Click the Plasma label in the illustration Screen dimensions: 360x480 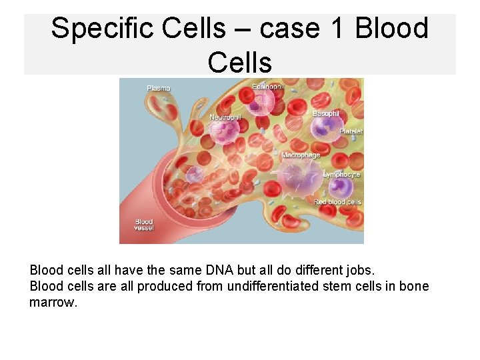click(x=159, y=88)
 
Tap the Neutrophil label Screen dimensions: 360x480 click(x=225, y=117)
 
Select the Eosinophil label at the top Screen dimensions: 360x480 click(x=267, y=87)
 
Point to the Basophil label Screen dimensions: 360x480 click(x=326, y=114)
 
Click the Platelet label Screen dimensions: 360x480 click(x=351, y=132)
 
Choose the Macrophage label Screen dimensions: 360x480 click(x=301, y=155)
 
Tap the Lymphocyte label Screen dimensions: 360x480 click(x=341, y=174)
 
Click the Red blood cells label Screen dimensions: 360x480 click(x=337, y=202)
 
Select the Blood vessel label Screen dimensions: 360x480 click(x=144, y=225)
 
